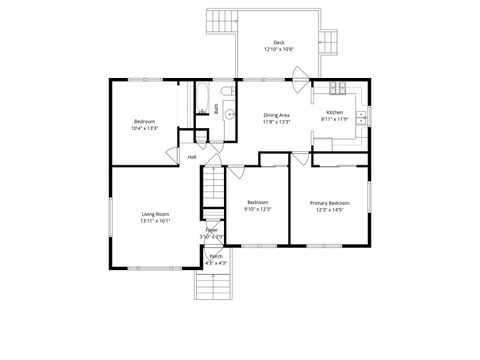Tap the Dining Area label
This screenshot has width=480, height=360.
coord(277,115)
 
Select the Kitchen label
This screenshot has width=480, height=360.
coord(334,113)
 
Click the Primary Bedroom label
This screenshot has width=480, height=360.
coord(329,203)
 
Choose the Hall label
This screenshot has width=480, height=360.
coord(191,157)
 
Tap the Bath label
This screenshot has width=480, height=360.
coord(216,109)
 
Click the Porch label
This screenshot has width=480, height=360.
coord(216,257)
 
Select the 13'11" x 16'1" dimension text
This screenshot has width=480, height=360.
coord(155,221)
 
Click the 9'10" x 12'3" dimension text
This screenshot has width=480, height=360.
coord(258,209)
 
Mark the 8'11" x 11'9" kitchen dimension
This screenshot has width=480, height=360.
coord(334,120)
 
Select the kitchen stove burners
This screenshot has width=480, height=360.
coord(338,88)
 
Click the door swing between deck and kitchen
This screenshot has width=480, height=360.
coord(301,74)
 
